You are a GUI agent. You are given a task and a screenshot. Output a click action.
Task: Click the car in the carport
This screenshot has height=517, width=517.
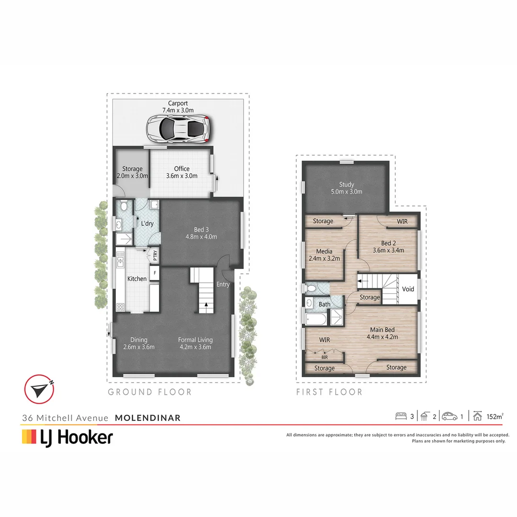click(178, 128)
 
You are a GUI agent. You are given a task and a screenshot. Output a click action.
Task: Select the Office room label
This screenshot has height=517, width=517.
click(181, 169)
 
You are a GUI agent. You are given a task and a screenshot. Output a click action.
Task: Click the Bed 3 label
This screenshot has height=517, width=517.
click(202, 229)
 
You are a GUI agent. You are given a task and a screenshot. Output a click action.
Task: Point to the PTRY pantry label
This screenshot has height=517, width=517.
click(155, 256)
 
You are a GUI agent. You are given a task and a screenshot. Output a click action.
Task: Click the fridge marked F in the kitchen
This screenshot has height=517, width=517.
click(155, 273)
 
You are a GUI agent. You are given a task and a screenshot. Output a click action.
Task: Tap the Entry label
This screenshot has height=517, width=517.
click(223, 284)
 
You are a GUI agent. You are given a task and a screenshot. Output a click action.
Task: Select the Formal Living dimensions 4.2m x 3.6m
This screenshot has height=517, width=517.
click(195, 347)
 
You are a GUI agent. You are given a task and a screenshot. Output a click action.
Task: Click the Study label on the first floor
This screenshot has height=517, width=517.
click(346, 184)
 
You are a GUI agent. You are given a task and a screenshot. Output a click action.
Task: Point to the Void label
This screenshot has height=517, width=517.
click(408, 289)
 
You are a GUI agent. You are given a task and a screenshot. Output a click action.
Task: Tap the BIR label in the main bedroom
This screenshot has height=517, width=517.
click(325, 357)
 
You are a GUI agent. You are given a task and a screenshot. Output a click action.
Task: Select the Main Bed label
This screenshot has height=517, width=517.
click(382, 329)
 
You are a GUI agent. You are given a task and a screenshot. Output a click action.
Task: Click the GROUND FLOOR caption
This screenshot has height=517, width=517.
click(150, 393)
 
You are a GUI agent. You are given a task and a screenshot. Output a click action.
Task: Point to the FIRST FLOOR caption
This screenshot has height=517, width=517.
click(329, 393)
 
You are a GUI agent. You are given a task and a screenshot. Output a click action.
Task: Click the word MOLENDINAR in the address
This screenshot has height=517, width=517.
click(148, 418)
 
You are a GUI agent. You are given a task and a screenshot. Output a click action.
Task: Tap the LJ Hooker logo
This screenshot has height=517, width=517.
click(67, 437)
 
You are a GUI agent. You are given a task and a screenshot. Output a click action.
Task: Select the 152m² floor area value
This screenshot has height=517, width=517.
click(495, 416)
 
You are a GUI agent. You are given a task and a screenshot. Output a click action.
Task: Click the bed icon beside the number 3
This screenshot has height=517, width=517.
click(401, 416)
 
